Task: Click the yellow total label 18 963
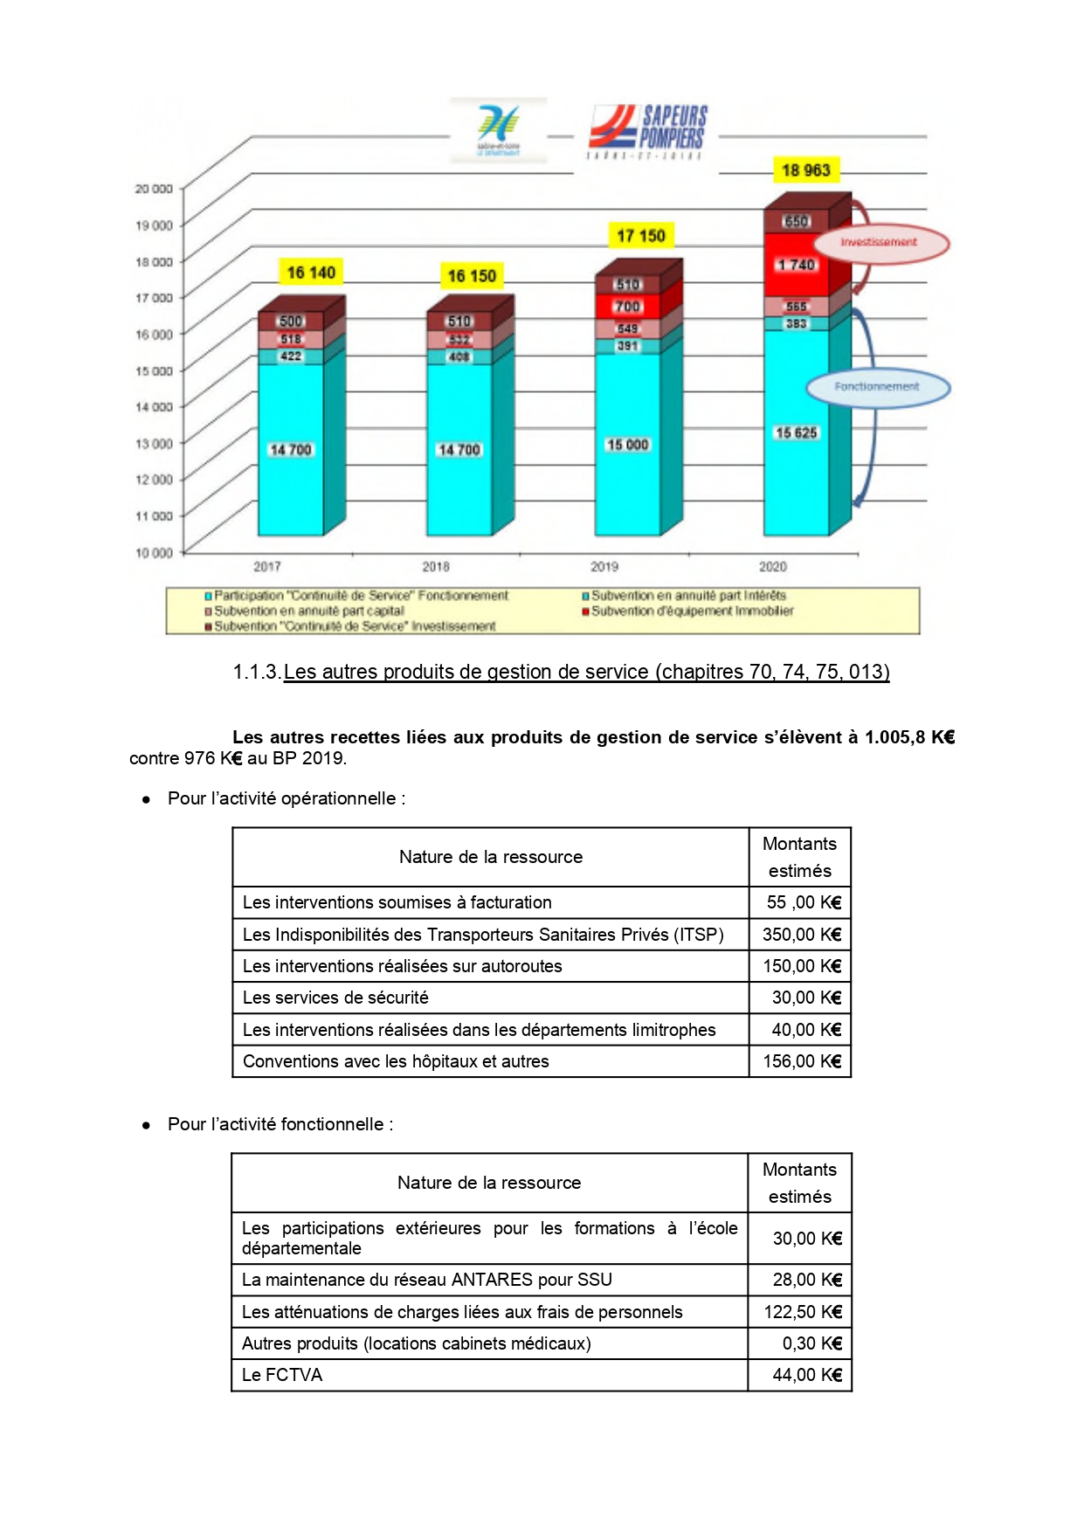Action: [x=805, y=170]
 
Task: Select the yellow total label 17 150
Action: [x=640, y=236]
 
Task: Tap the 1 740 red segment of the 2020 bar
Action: [x=796, y=265]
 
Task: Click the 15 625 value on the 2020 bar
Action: [x=796, y=432]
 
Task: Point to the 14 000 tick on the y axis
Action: [x=154, y=407]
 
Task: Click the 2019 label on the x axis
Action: [x=604, y=567]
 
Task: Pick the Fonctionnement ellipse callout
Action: [x=877, y=387]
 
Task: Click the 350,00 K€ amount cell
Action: [x=800, y=935]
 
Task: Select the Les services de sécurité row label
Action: [x=335, y=998]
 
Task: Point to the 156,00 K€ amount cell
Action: [x=800, y=1061]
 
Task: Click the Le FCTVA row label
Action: [x=282, y=1375]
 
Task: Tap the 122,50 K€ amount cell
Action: [x=801, y=1312]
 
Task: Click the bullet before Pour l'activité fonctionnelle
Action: [x=147, y=1125]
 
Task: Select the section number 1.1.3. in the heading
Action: [x=257, y=672]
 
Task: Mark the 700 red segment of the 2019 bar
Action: [x=627, y=307]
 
